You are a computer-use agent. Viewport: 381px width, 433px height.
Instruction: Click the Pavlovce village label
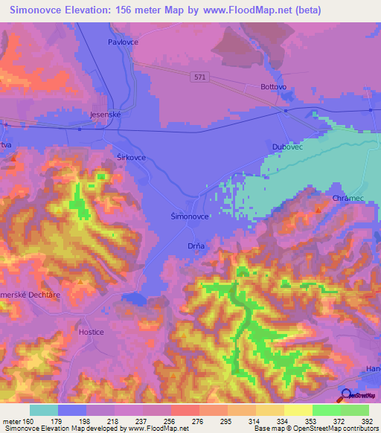(x=124, y=42)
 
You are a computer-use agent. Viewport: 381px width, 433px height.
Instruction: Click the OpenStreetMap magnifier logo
(x=345, y=394)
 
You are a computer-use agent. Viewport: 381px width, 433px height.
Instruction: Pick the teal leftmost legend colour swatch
(x=44, y=410)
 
